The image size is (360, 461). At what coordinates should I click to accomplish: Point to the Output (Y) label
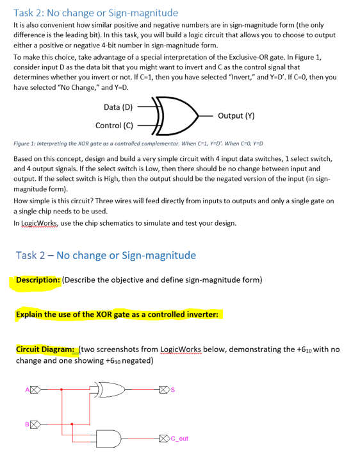(x=236, y=116)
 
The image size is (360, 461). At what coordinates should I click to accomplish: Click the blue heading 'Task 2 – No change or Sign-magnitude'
(x=106, y=255)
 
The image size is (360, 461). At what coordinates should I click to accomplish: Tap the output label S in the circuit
(x=174, y=389)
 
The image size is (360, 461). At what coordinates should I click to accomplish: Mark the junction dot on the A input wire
(x=61, y=389)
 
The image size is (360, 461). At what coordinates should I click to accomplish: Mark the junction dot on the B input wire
(x=72, y=423)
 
